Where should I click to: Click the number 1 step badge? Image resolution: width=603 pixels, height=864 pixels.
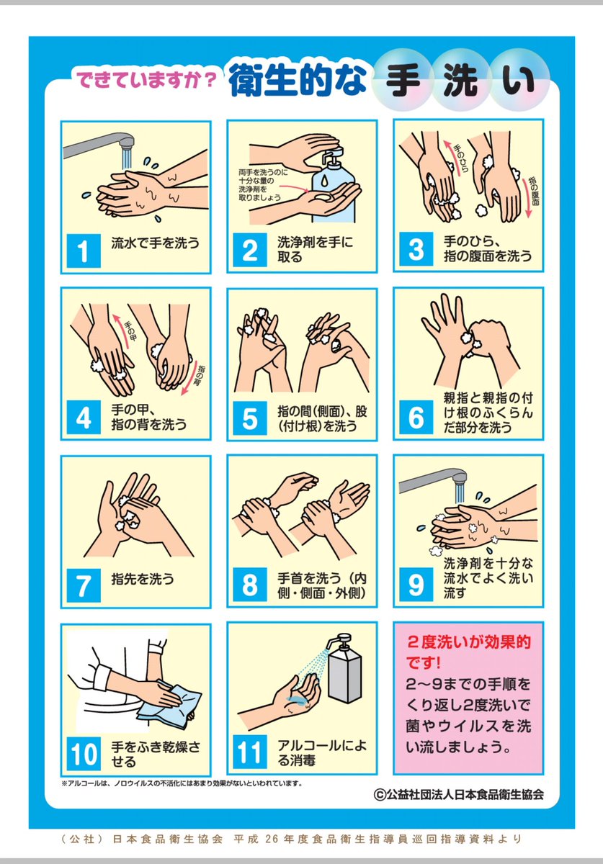[x=84, y=251]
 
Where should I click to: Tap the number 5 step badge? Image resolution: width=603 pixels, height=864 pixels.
[x=250, y=418]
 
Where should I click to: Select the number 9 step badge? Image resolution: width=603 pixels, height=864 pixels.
[x=416, y=585]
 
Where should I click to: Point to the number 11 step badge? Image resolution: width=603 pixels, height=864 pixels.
[x=250, y=752]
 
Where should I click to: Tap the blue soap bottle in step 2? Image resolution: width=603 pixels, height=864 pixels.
[x=333, y=189]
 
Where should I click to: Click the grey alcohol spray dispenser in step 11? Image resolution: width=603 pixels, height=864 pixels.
[x=344, y=669]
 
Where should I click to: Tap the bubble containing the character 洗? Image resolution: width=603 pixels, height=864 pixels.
[x=460, y=80]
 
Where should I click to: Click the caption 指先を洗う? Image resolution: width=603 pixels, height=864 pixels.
[x=143, y=579]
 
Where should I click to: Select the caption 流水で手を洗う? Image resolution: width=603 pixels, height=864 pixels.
[x=155, y=243]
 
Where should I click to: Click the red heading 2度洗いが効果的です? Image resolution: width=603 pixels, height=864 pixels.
[x=468, y=652]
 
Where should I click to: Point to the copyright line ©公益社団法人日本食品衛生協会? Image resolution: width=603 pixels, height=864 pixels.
[x=459, y=794]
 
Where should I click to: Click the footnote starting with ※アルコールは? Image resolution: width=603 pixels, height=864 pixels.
[x=182, y=783]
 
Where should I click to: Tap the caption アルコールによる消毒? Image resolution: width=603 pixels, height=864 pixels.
[x=321, y=752]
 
